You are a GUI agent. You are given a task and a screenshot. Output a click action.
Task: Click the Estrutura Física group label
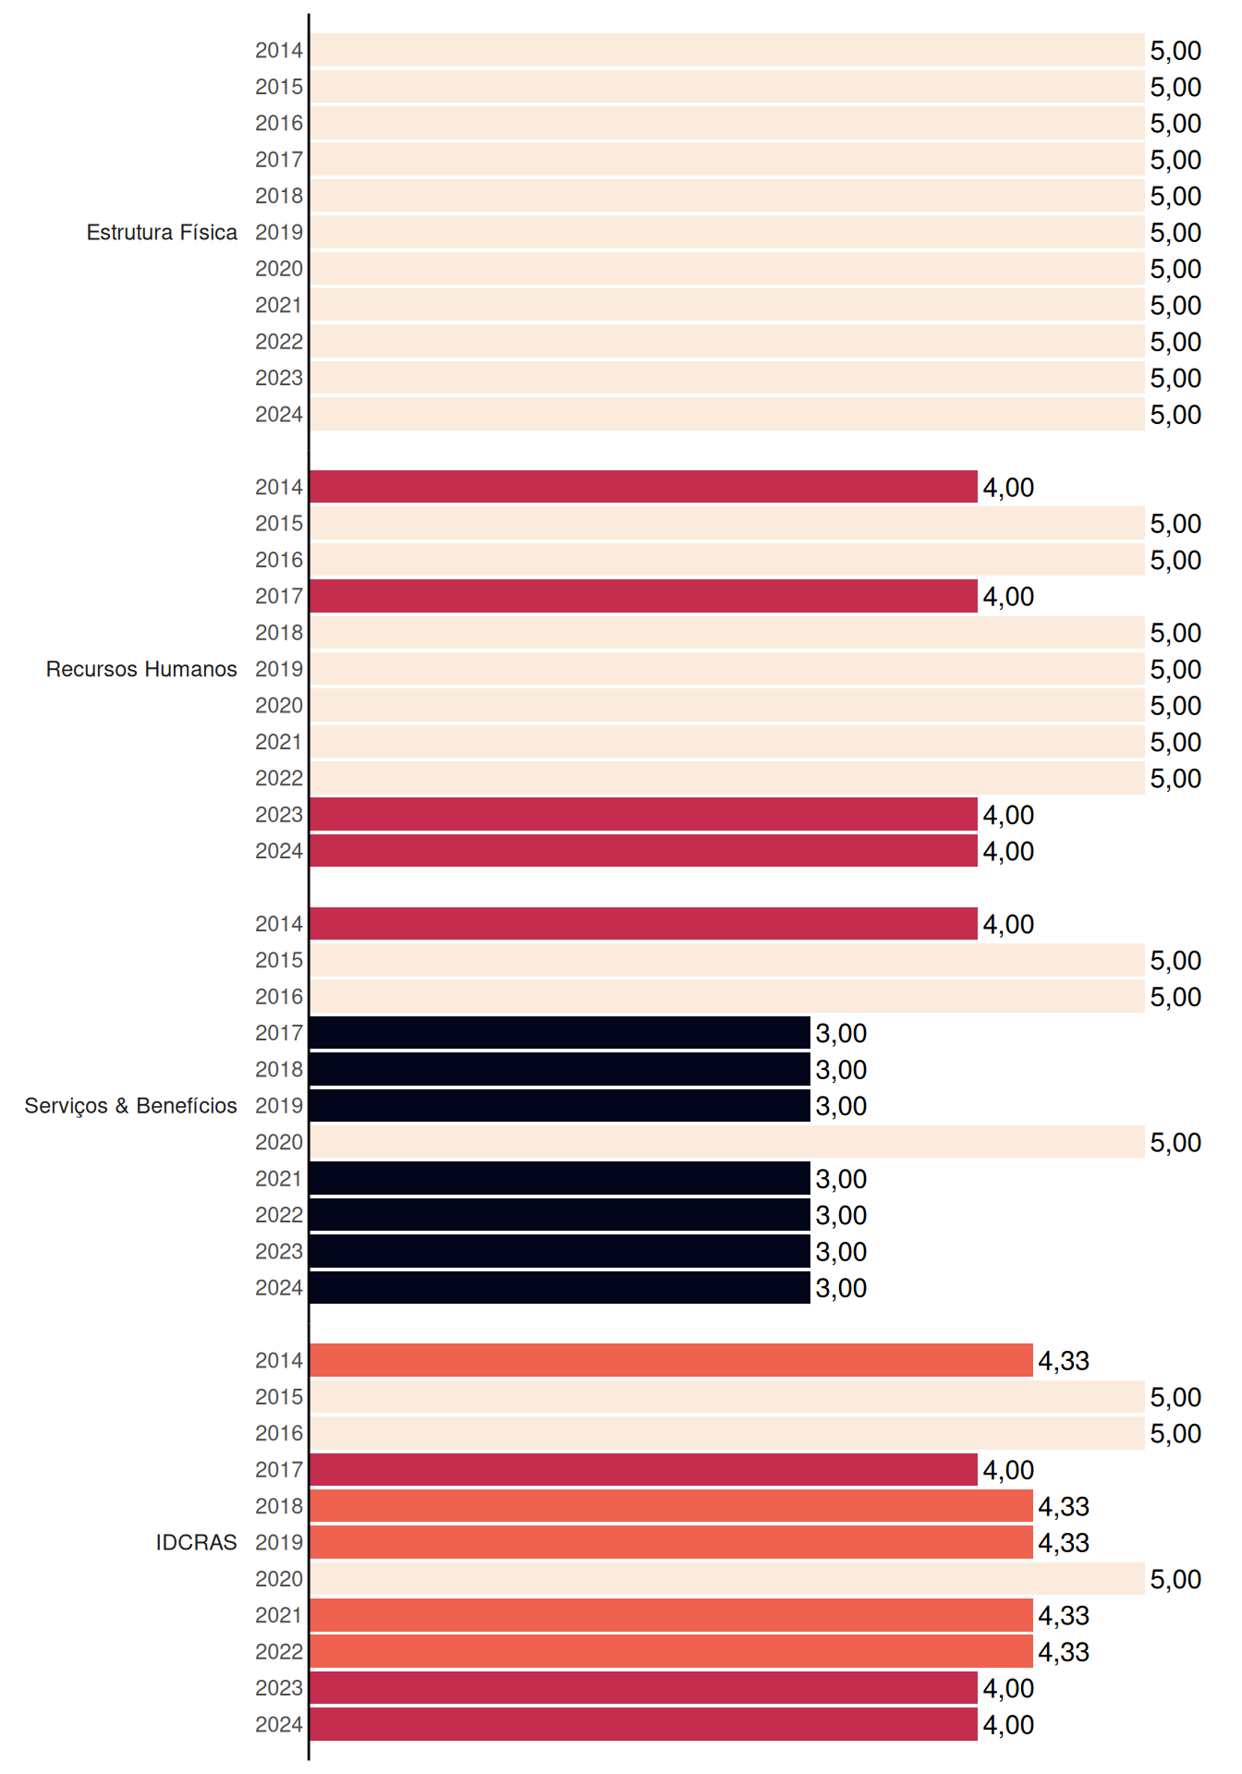162,232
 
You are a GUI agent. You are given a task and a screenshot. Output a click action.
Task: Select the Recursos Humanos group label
141,669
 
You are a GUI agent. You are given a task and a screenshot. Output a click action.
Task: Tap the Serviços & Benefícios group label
130,1106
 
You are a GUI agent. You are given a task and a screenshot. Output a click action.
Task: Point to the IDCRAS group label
196,1542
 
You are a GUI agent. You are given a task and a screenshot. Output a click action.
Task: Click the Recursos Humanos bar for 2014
643,487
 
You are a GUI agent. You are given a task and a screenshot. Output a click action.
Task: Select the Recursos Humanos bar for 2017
643,596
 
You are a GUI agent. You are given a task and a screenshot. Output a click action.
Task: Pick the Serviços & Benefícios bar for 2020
727,1142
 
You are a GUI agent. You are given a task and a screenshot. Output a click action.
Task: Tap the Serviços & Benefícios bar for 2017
560,1033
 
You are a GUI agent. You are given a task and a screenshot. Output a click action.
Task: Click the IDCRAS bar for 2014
671,1360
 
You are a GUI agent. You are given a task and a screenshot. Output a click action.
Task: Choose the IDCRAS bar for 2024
643,1724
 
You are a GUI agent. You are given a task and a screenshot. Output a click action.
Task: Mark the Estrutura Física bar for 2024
727,414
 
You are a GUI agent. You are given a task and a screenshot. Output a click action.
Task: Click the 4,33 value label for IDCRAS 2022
1064,1652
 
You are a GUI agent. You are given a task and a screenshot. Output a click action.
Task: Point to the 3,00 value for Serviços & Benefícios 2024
841,1288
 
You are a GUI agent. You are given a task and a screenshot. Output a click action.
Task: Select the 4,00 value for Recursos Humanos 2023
1008,815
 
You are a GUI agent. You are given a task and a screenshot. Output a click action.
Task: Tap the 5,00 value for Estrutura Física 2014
1175,51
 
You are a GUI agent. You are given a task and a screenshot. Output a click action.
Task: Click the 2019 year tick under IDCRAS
279,1542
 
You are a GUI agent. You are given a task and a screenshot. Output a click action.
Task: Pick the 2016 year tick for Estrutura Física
279,123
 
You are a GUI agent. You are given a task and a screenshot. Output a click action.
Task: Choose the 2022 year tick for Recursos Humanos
279,778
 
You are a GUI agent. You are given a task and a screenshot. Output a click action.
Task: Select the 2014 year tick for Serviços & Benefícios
279,924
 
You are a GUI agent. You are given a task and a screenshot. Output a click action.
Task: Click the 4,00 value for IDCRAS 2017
1008,1470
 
